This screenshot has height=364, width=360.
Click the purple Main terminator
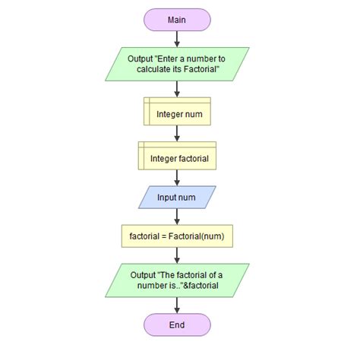(177, 20)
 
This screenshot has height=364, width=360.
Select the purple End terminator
(177, 324)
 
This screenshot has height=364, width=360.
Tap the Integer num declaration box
(177, 114)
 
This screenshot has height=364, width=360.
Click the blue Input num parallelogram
(177, 198)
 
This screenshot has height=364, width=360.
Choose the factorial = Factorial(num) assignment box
(177, 236)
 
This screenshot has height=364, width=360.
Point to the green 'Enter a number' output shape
(177, 64)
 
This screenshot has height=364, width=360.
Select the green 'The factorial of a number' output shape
(177, 278)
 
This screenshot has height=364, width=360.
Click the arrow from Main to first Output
(177, 38)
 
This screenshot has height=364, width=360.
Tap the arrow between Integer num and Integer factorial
(177, 134)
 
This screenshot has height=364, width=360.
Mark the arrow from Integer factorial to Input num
(177, 178)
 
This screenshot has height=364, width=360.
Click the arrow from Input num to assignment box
(177, 217)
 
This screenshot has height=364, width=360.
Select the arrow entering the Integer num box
(177, 90)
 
